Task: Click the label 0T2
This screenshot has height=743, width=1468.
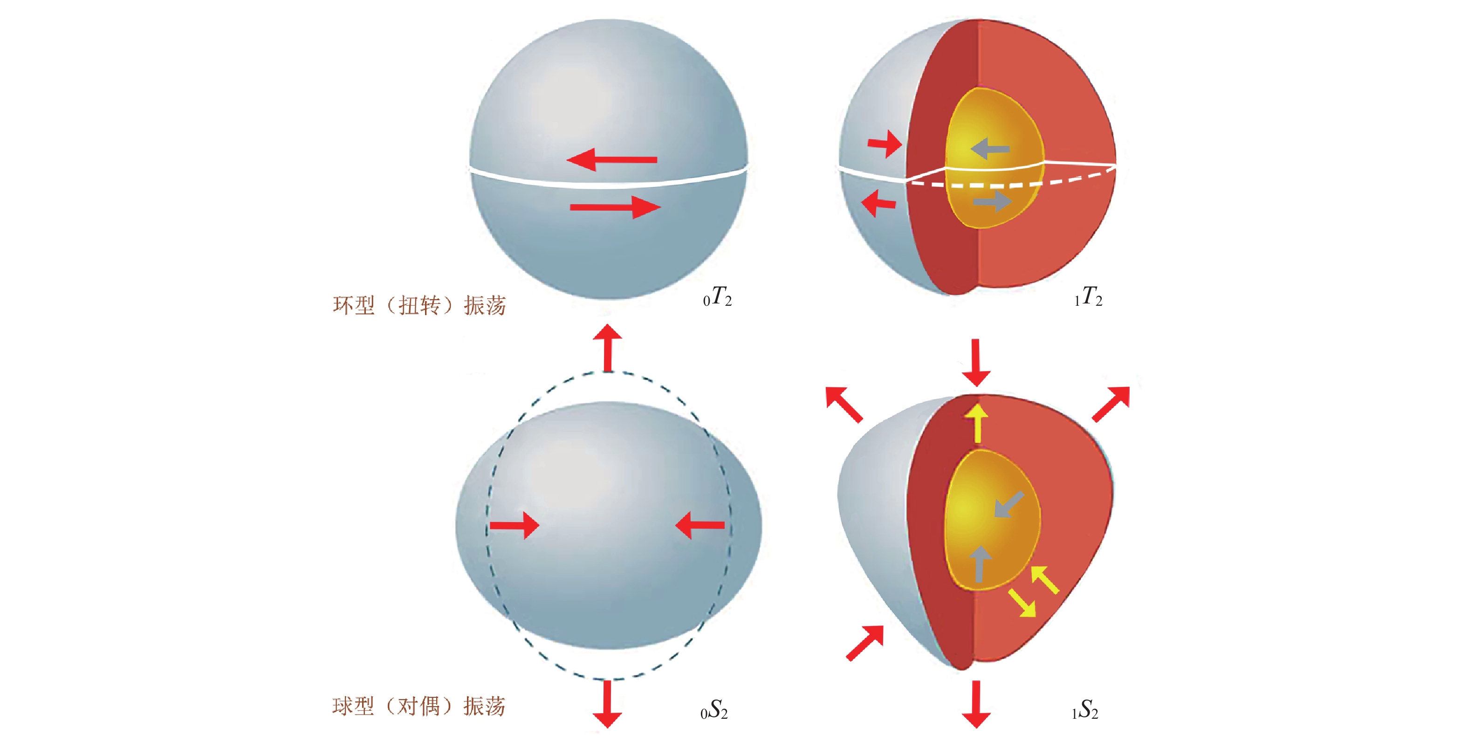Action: point(717,297)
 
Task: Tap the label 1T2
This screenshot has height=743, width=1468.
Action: point(1088,297)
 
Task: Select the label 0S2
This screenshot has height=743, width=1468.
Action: point(714,710)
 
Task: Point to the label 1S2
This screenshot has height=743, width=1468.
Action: point(1084,710)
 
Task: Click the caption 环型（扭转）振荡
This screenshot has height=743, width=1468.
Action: point(419,306)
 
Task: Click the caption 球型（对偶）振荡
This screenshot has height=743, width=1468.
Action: point(419,707)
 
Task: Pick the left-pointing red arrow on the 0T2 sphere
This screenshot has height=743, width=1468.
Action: point(612,159)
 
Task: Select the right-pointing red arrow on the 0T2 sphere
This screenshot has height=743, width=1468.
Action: point(616,207)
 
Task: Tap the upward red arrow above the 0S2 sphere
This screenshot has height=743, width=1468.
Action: point(608,348)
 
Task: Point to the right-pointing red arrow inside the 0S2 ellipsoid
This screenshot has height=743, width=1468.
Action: point(514,525)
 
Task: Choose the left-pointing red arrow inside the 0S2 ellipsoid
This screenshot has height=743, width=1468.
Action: point(700,525)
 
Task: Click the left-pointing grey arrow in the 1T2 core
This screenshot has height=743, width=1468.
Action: point(990,149)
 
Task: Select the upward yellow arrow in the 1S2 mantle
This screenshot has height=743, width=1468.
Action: point(977,423)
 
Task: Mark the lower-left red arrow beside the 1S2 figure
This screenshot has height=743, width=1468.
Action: point(865,643)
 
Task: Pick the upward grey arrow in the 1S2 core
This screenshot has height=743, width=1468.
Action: point(980,563)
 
